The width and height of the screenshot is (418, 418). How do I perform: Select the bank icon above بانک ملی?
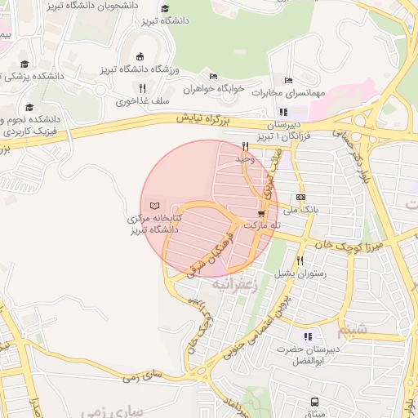point(301,197)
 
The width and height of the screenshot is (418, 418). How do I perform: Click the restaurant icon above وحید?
point(245,146)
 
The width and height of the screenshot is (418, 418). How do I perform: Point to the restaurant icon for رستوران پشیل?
point(300,260)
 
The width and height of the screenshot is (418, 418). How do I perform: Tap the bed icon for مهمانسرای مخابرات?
point(287,80)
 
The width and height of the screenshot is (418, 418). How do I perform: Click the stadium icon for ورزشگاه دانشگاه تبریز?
point(140,56)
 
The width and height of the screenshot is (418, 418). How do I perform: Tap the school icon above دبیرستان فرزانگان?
point(283,112)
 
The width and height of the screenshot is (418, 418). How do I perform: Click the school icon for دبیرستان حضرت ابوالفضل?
point(308,335)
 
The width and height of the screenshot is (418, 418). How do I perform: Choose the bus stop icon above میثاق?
point(315,402)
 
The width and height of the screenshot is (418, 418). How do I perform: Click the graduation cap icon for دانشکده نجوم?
point(30,108)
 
